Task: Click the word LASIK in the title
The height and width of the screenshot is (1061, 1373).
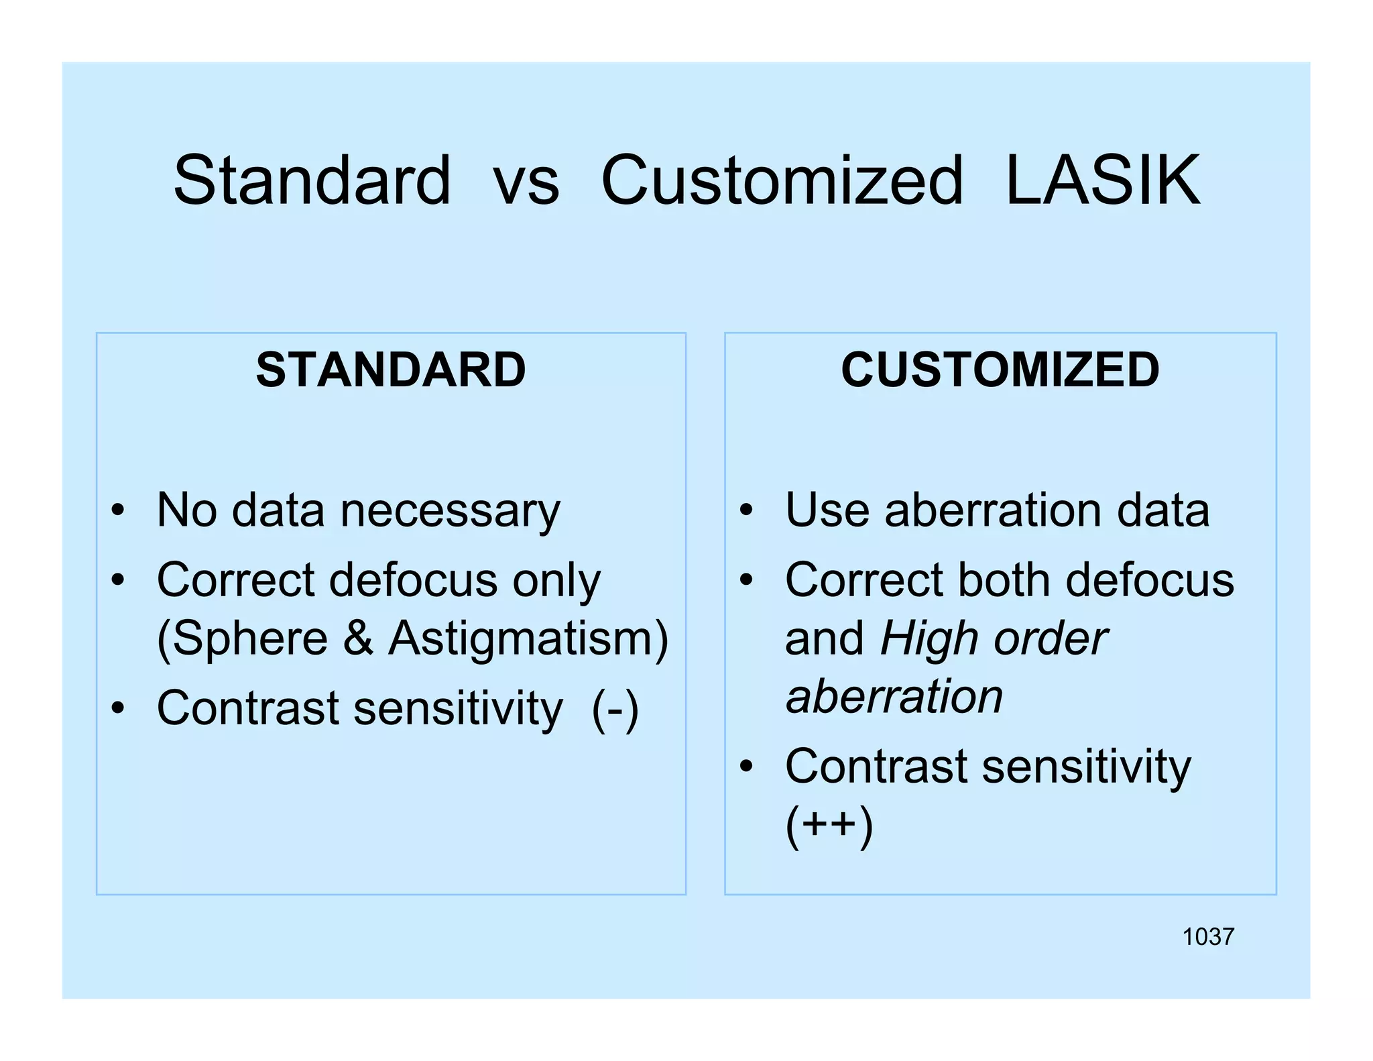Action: [1103, 180]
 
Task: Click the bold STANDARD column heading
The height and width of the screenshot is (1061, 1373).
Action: [391, 370]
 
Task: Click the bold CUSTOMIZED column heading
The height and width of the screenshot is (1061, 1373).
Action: [1000, 370]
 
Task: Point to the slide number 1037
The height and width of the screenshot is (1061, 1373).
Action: [1207, 937]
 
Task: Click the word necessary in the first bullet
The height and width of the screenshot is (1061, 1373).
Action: [450, 512]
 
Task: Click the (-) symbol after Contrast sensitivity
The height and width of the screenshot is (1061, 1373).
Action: [615, 709]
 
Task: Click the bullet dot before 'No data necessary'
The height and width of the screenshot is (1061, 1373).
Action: [118, 511]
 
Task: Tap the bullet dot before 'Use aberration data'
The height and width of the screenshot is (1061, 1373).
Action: [746, 511]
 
